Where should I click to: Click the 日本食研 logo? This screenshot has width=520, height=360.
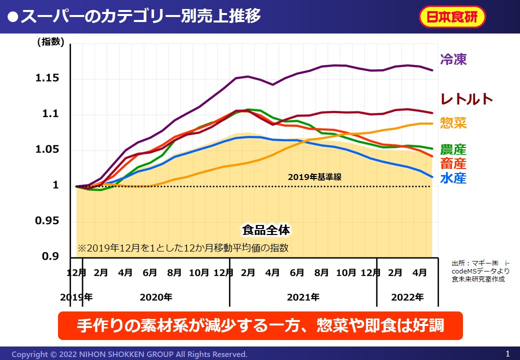coord(451,17)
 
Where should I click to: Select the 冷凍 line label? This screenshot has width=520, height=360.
coord(453,60)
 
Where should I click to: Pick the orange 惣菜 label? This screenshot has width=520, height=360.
coord(453,123)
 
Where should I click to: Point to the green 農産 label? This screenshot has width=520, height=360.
coord(453,149)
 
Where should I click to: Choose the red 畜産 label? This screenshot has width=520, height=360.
coord(453,163)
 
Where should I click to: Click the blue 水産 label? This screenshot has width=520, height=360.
coord(453,178)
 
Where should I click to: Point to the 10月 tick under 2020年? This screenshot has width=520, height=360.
coord(199,273)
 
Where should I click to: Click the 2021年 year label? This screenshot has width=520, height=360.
coord(303,297)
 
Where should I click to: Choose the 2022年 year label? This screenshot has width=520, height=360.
coord(407,297)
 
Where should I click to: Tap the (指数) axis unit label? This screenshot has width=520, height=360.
coord(50,42)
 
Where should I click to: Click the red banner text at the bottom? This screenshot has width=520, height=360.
coord(260,325)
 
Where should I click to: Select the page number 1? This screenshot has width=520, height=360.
coord(507,353)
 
